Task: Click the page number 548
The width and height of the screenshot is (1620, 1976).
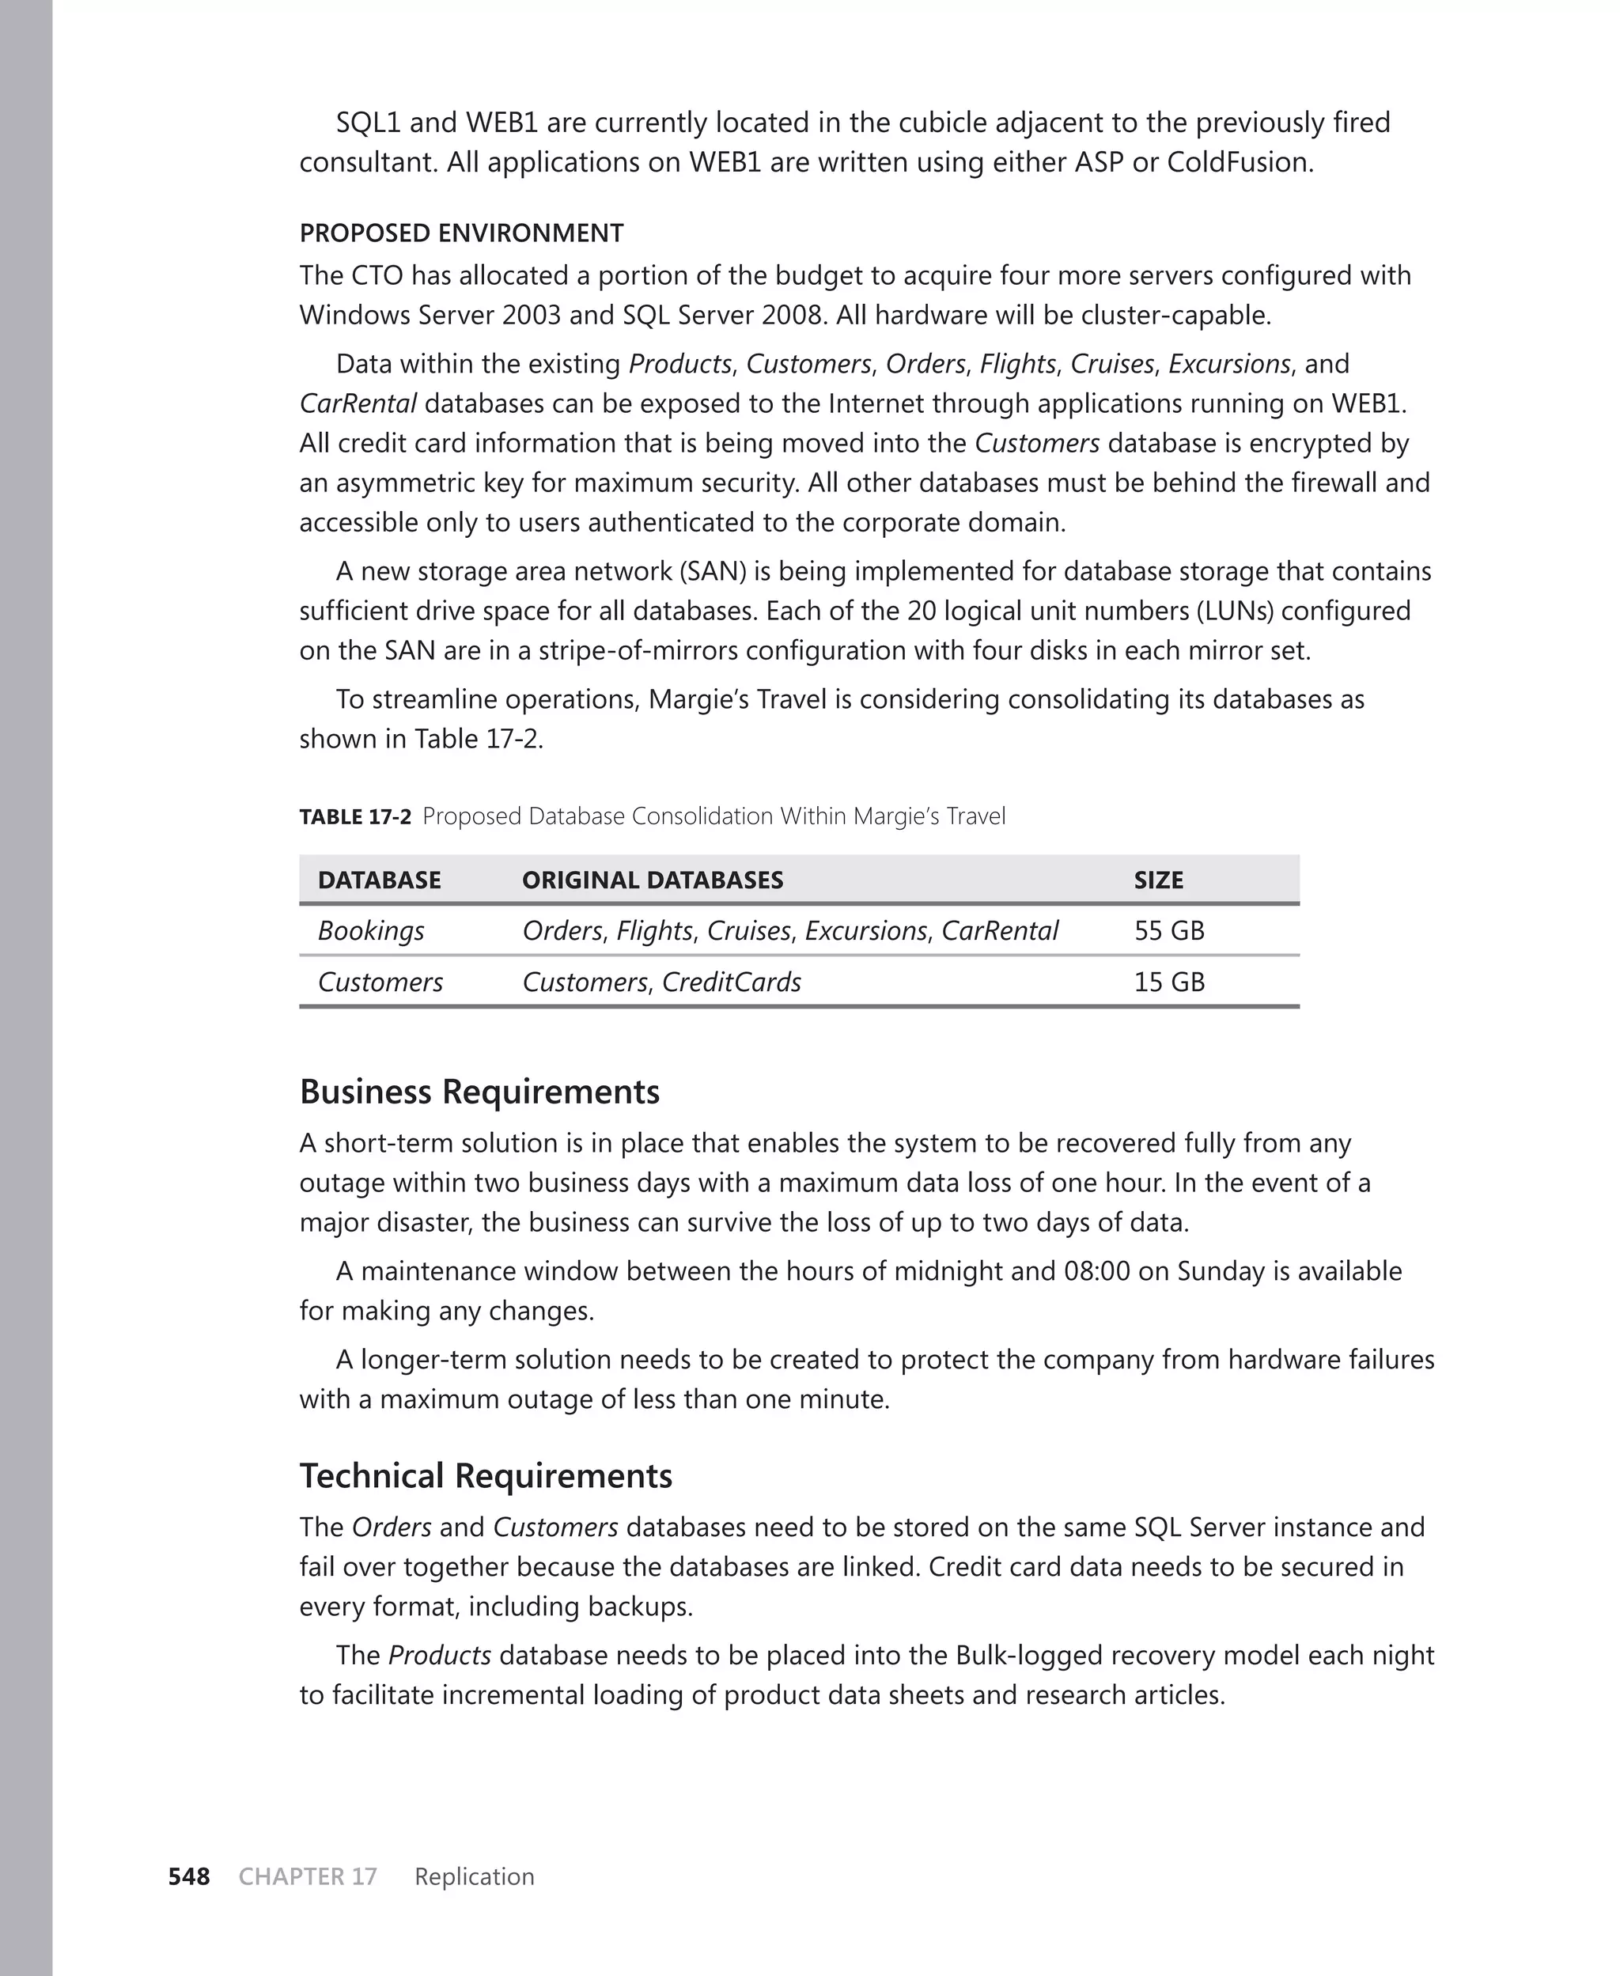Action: click(188, 1876)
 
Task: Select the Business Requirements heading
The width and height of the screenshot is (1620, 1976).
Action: click(479, 1092)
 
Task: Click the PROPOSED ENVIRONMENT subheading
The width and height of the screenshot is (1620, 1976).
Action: click(461, 233)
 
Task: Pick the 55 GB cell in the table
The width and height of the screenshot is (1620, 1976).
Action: click(1168, 930)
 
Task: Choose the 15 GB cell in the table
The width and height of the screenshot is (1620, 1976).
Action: click(1168, 982)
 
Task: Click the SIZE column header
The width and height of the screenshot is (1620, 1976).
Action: click(1158, 880)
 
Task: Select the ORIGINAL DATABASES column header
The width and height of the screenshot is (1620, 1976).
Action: click(653, 880)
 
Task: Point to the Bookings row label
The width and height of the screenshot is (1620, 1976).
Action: click(370, 930)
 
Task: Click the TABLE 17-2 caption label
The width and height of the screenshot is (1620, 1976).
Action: click(354, 817)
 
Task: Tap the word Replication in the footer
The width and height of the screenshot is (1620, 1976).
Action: click(474, 1876)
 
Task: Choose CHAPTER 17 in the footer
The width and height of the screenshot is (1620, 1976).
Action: click(307, 1876)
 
